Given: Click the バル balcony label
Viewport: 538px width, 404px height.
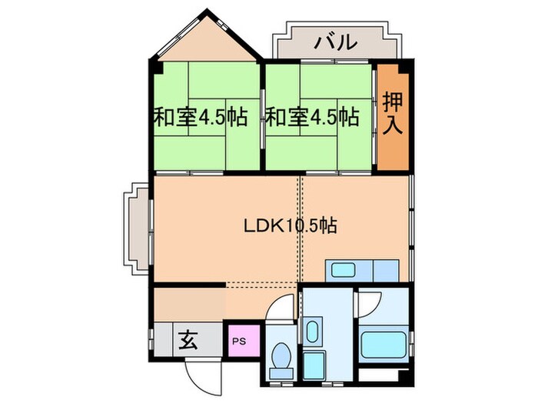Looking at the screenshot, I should [x=335, y=42].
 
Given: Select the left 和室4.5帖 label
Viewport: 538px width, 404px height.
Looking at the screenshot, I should [x=201, y=118].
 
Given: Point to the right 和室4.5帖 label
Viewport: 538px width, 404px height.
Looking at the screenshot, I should [x=312, y=118].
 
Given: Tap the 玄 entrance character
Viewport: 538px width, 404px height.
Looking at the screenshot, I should [x=188, y=339].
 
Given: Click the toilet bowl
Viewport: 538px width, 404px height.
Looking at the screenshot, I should [x=281, y=359].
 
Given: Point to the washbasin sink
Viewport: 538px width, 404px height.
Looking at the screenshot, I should [x=312, y=333].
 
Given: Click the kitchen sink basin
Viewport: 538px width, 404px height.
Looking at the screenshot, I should [x=341, y=271].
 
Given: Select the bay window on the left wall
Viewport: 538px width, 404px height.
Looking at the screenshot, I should [x=137, y=229].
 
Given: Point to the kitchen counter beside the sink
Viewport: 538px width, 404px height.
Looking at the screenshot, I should [x=384, y=271].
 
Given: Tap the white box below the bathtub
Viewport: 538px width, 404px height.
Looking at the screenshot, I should [x=382, y=376].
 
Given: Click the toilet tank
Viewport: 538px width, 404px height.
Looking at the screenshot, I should [x=281, y=374].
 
